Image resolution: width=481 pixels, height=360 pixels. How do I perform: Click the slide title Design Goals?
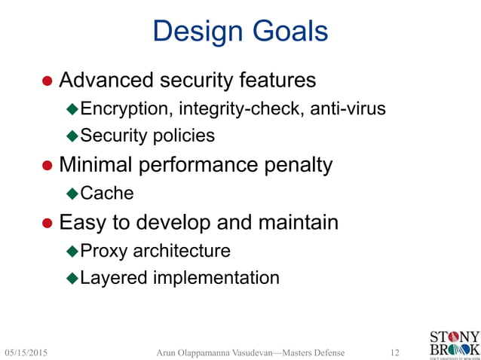pyautogui.click(x=240, y=32)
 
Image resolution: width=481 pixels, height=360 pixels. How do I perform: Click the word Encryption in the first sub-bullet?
pyautogui.click(x=126, y=109)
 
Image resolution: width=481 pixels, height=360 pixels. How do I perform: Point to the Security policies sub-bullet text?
pyautogui.click(x=147, y=136)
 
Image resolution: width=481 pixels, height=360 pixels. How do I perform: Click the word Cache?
pyautogui.click(x=107, y=194)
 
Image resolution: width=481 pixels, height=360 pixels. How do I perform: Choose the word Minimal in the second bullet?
pyautogui.click(x=97, y=164)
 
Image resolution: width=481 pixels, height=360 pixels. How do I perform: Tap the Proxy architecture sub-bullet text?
pyautogui.click(x=155, y=250)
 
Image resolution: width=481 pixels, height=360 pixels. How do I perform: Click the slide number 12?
pyautogui.click(x=394, y=352)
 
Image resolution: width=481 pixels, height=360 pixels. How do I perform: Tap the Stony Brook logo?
pyautogui.click(x=453, y=343)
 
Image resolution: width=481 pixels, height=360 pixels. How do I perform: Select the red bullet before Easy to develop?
pyautogui.click(x=47, y=224)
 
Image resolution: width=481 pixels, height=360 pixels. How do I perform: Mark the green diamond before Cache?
pyautogui.click(x=72, y=194)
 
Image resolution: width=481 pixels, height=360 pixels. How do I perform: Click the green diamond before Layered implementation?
pyautogui.click(x=72, y=279)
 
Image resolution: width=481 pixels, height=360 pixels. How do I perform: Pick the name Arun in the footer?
pyautogui.click(x=167, y=352)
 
